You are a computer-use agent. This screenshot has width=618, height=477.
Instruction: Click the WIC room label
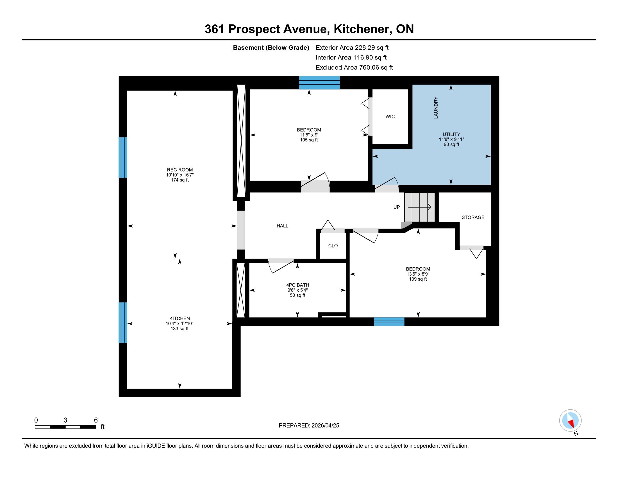390,116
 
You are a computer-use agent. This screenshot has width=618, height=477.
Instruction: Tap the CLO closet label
333,246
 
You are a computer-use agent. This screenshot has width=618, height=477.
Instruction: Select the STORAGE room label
473,217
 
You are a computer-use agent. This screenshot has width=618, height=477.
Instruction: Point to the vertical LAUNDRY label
436,108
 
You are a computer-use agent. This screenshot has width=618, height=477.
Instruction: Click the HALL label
282,226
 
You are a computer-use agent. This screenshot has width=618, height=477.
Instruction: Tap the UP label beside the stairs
397,207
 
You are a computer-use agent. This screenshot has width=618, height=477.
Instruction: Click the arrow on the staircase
419,207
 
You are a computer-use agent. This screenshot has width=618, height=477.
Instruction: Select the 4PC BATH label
298,285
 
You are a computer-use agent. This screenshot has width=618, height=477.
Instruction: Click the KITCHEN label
180,318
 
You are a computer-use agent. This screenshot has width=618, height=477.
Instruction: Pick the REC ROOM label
180,170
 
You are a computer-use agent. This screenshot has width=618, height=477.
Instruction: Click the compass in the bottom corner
570,420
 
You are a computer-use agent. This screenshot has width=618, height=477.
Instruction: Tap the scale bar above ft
65,427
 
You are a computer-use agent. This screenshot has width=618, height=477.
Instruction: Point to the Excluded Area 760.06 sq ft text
354,68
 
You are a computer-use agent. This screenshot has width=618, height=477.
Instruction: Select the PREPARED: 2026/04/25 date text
309,426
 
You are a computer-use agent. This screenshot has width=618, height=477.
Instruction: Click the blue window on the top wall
319,83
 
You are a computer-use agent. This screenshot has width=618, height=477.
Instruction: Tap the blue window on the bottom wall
389,322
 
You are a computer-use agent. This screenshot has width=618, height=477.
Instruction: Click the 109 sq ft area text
418,279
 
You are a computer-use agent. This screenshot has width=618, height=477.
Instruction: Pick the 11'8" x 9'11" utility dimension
451,139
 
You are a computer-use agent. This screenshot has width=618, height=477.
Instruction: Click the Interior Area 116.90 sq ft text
351,58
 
